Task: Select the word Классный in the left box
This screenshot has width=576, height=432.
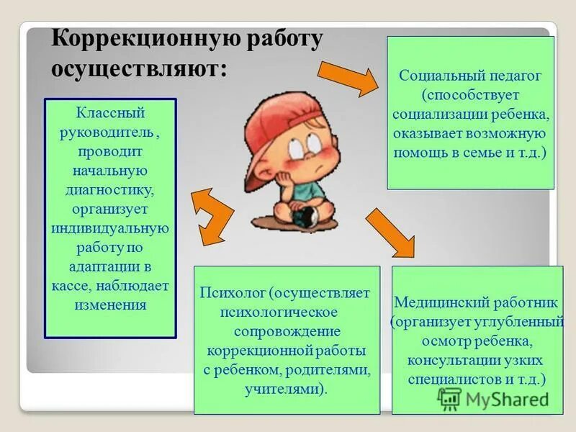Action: pos(110,114)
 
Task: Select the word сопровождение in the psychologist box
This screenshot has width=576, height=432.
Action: pos(286,333)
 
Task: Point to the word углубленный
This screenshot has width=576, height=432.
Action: pos(521,320)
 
